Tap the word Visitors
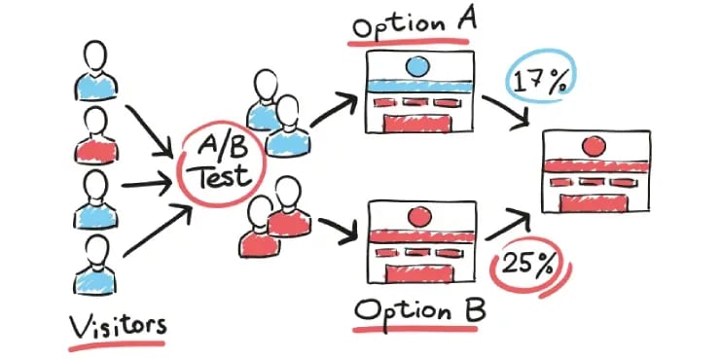(x=116, y=322)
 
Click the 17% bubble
(x=539, y=81)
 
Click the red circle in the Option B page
(x=419, y=215)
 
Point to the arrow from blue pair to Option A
(x=331, y=107)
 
